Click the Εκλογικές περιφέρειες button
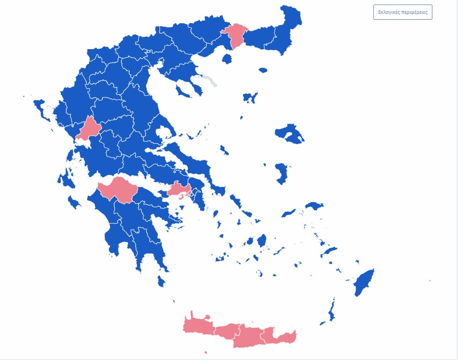point(403,12)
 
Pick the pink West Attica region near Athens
point(179,189)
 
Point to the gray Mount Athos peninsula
point(209,80)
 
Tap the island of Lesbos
point(289,134)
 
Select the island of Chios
point(282,174)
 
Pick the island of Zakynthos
point(73,202)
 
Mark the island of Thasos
point(227,58)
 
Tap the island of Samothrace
point(263,70)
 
